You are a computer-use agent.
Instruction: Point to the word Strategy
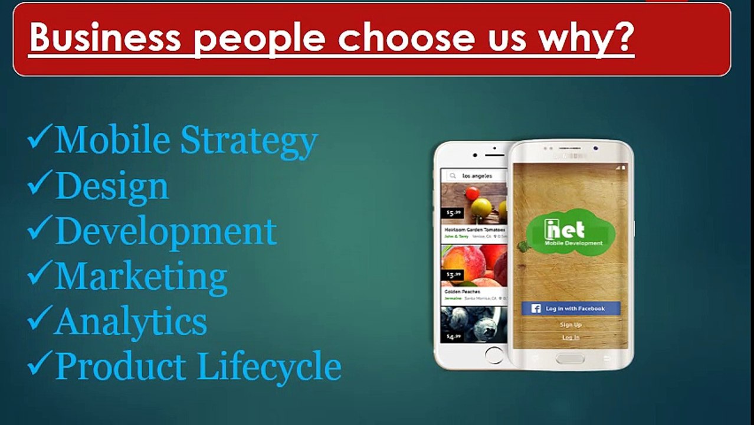[249, 140]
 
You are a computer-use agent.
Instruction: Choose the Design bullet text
[112, 186]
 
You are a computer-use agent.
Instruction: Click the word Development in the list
[166, 231]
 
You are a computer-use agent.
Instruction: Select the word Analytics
[130, 321]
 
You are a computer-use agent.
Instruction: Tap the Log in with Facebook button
[571, 308]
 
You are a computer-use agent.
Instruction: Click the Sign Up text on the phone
[571, 325]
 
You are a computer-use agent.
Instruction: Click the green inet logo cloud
[570, 234]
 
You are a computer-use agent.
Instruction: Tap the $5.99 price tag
[453, 213]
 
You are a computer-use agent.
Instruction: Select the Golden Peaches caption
[463, 292]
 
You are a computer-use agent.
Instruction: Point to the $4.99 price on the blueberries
[453, 336]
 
